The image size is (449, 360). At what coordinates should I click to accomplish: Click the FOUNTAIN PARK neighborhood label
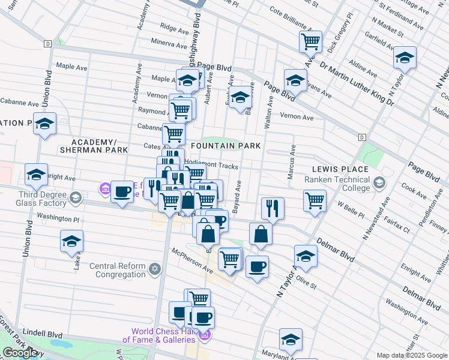[226, 146]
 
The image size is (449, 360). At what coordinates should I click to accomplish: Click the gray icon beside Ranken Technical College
[379, 182]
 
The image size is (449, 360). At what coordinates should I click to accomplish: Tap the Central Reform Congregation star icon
[155, 268]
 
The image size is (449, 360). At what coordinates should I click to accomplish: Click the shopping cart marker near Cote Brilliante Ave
[310, 42]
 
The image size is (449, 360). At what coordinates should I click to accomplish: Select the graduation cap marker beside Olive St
[306, 256]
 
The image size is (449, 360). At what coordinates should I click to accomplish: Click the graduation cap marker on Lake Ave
[72, 241]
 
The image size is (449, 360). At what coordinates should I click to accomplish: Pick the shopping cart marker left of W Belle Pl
[315, 201]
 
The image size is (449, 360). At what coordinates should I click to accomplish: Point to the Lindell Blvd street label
[43, 332]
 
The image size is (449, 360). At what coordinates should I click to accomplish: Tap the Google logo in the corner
[20, 352]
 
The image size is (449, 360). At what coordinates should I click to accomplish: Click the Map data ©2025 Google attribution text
[412, 355]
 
